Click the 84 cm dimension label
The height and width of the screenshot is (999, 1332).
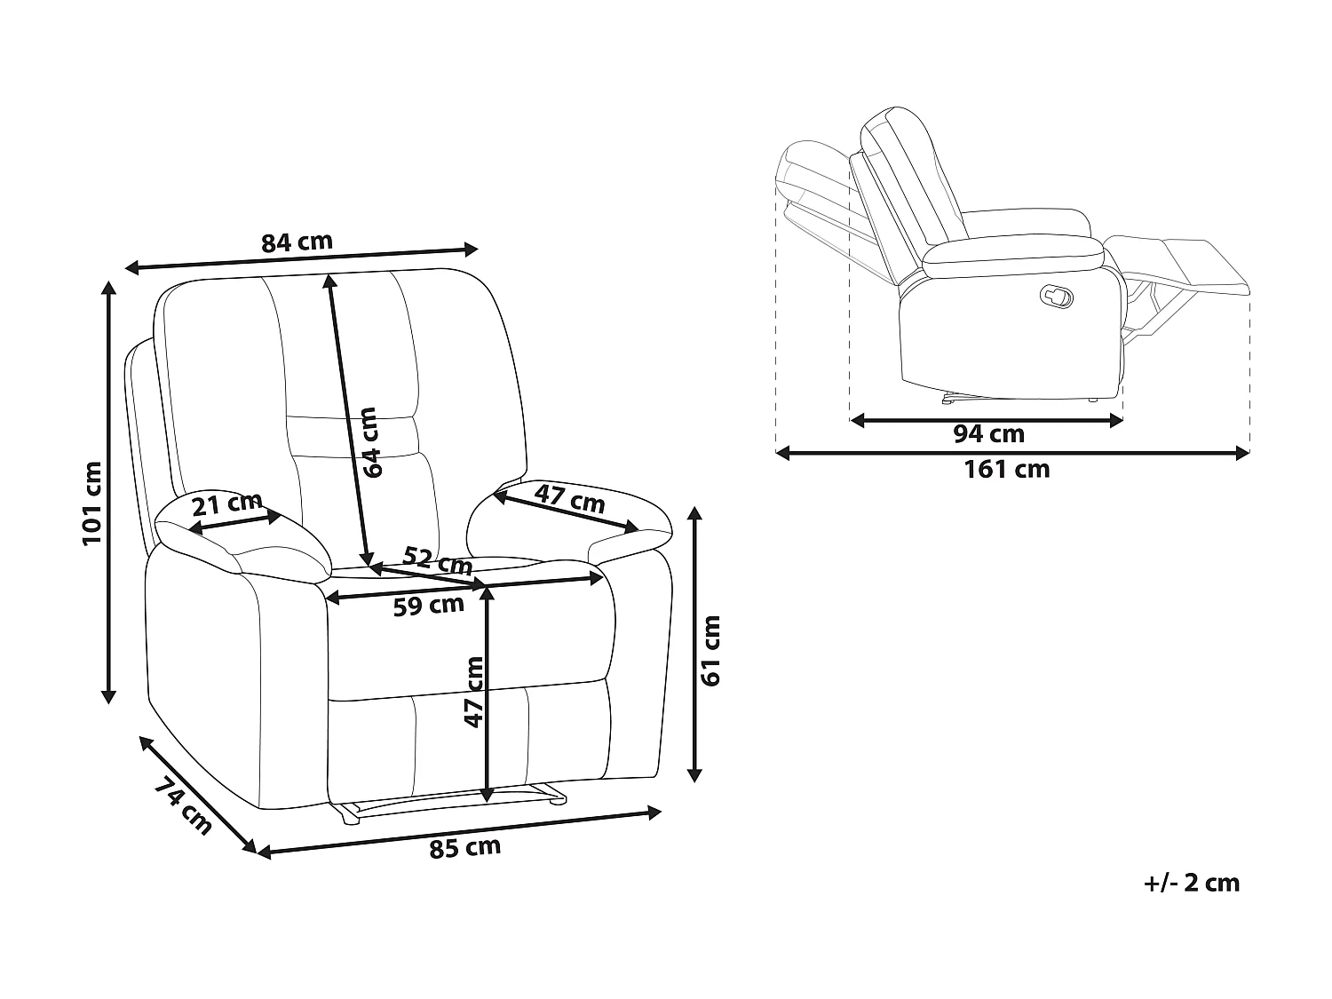point(297,242)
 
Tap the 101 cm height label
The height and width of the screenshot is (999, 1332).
point(92,503)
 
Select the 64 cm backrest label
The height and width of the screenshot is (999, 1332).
point(369,442)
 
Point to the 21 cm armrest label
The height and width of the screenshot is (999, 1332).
point(227,504)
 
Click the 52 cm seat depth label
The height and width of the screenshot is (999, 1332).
point(438,560)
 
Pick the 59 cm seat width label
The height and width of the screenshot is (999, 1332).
point(428,606)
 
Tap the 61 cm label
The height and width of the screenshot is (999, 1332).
point(710,651)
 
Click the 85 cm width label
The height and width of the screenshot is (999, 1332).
point(464,847)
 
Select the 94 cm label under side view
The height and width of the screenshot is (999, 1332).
point(988,434)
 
